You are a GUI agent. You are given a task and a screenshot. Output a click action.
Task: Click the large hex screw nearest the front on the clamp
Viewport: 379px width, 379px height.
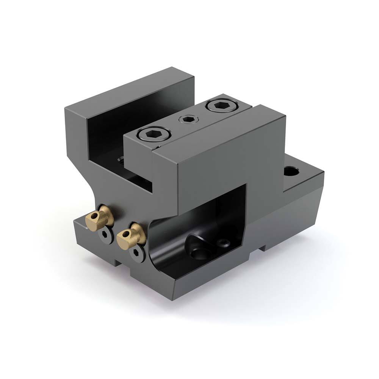tap(155, 133)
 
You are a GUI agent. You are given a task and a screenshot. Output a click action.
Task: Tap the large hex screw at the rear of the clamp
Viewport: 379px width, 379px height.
tap(220, 105)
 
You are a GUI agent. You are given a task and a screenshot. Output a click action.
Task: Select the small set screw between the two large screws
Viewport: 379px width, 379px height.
tap(187, 120)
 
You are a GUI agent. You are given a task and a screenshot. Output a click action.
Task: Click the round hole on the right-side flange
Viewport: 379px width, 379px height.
tap(291, 172)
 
